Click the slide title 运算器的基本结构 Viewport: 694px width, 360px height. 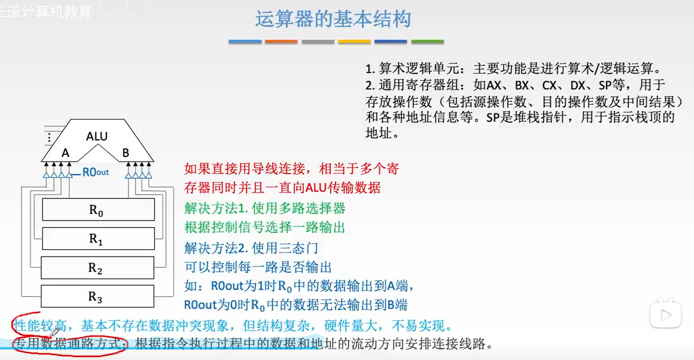tap(333, 19)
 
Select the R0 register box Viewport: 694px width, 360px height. tap(98, 210)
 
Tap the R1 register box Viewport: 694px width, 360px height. tap(98, 239)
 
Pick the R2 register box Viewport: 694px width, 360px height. tap(97, 268)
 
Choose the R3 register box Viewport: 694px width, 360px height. tap(97, 297)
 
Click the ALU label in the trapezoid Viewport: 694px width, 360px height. tap(97, 136)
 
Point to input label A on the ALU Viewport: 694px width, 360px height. tap(66, 153)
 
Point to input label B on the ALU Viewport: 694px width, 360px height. tap(126, 153)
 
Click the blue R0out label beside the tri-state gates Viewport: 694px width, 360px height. tap(95, 172)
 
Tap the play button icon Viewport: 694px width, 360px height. tap(665, 315)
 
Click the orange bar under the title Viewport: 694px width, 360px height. tap(281, 42)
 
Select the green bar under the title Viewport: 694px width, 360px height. tap(427, 42)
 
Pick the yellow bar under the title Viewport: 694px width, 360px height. tap(354, 42)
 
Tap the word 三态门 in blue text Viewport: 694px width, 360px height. tap(298, 248)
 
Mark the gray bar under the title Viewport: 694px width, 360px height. tap(318, 42)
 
